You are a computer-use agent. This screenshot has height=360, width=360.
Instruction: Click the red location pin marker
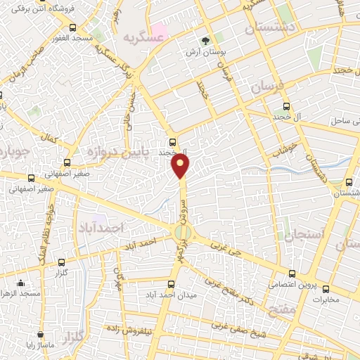pos(181,165)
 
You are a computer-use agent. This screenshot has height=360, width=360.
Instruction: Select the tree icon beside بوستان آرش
pos(205,41)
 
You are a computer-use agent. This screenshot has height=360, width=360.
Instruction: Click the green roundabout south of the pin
pos(181,231)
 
